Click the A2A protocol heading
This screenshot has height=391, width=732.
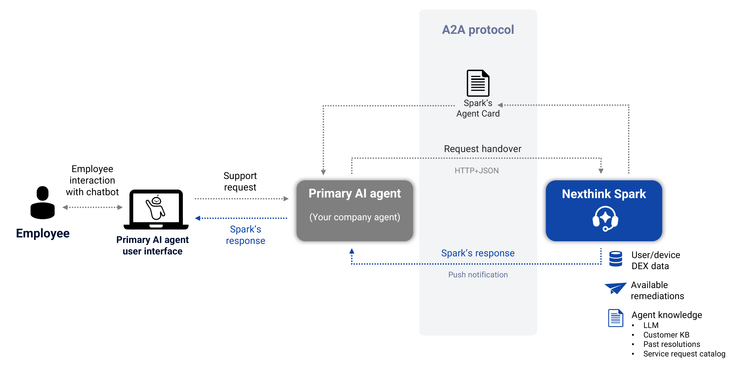click(x=478, y=30)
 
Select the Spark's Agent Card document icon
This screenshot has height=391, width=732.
click(x=478, y=83)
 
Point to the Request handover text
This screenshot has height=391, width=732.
click(x=483, y=149)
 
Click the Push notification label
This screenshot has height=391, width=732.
click(x=478, y=275)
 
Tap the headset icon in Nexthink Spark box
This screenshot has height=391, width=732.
click(x=605, y=219)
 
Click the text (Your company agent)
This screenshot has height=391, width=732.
click(x=355, y=217)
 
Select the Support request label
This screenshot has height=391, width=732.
click(x=240, y=181)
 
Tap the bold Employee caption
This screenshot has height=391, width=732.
click(x=43, y=233)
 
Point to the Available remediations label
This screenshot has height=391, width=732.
click(x=657, y=290)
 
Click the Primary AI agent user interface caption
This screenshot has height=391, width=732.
click(x=153, y=245)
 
